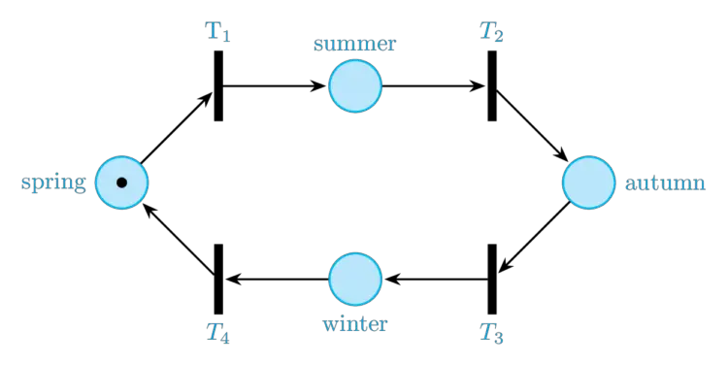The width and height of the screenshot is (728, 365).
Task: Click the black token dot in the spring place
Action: [121, 182]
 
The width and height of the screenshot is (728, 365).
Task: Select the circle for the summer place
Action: [354, 86]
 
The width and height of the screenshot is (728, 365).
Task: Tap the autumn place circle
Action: [588, 182]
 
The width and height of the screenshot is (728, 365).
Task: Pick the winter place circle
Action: [354, 279]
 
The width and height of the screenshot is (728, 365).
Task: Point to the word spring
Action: [53, 182]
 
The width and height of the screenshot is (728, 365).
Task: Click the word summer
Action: [354, 45]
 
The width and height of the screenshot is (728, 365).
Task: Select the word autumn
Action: [665, 183]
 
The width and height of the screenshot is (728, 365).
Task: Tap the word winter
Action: [354, 325]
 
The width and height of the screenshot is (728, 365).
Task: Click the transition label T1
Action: [217, 31]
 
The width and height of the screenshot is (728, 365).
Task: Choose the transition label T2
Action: [490, 31]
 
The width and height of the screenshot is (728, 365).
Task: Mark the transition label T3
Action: [490, 334]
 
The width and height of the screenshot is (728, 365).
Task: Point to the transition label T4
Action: [217, 334]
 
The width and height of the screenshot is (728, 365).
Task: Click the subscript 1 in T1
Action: [226, 37]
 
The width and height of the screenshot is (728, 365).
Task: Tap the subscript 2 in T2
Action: [498, 37]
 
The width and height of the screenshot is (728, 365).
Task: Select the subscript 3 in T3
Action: [498, 339]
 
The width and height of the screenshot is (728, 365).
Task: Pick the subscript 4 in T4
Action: [226, 339]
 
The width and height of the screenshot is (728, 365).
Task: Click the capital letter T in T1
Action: [213, 29]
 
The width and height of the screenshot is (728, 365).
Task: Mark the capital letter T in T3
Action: [485, 332]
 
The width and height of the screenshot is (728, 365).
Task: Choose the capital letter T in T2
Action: [485, 29]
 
